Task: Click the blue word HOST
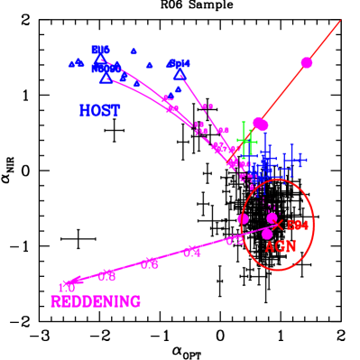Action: [99, 111]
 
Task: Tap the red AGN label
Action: [281, 246]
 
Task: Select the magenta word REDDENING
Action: [96, 301]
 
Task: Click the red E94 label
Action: [298, 225]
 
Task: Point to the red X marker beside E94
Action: [279, 224]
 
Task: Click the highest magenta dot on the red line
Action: [307, 62]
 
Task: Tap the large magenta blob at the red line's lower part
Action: [260, 124]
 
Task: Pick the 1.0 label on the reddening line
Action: [67, 287]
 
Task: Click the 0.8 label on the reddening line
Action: [107, 275]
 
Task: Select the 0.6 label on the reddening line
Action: [150, 263]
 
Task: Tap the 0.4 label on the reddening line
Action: [192, 253]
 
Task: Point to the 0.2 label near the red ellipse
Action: [235, 241]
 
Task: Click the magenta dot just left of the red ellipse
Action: [243, 218]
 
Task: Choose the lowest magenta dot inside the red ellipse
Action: [267, 234]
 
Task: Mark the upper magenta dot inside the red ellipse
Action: [272, 217]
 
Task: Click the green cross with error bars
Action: [245, 141]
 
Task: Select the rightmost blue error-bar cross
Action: [294, 161]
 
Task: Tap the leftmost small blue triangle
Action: [71, 65]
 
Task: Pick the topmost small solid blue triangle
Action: [134, 51]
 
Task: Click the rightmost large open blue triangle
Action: [180, 76]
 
